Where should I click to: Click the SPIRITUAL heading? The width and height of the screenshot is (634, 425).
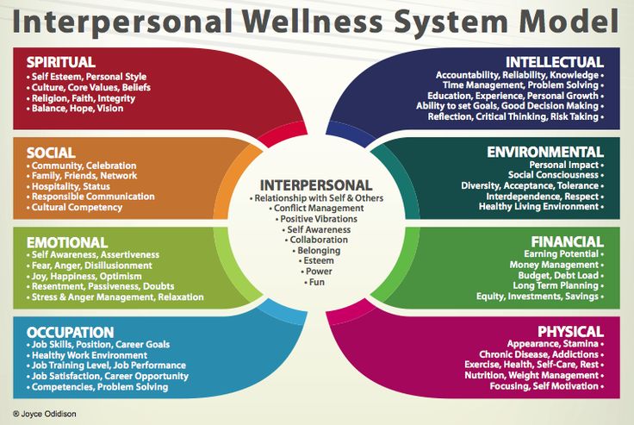60,62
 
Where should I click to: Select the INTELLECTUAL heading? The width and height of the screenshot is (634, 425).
555,62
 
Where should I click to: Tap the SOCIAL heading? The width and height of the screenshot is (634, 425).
51,153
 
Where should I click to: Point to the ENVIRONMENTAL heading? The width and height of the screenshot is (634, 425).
545,152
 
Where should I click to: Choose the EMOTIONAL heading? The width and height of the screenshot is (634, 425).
67,242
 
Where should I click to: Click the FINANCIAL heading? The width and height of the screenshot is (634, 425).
568,241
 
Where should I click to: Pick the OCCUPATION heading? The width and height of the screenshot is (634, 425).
70,332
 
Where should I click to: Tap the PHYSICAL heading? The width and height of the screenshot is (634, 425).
570,332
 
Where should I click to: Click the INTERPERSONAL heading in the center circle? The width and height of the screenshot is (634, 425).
316,185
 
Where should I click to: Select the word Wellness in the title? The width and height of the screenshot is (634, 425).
314,21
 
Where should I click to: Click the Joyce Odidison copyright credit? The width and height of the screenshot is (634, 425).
45,414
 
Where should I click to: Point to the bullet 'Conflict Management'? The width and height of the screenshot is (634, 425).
317,208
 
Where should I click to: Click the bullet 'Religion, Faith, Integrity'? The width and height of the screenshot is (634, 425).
81,98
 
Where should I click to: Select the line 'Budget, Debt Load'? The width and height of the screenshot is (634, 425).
561,275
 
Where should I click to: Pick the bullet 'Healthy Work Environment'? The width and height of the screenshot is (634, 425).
87,355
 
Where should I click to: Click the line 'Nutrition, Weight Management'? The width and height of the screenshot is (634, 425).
534,375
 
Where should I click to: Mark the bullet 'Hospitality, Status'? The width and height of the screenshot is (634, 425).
68,186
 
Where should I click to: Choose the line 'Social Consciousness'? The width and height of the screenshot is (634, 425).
556,175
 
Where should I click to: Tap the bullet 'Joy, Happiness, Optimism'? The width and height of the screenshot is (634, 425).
84,277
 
